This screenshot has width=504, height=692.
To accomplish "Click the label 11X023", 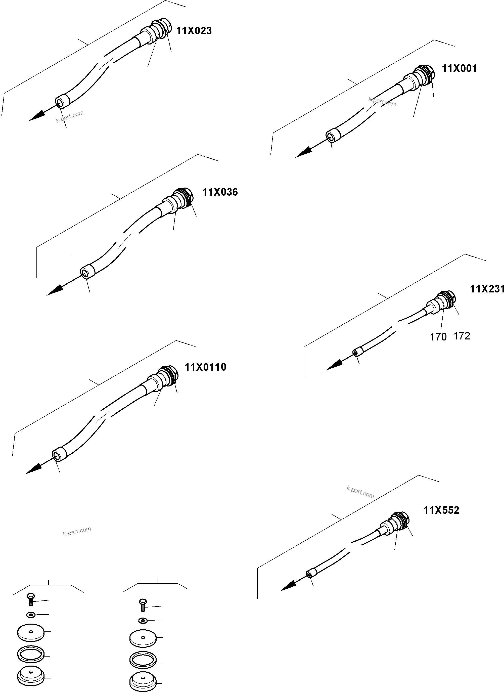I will click(x=194, y=31).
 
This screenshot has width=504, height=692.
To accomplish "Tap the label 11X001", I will click(x=459, y=69).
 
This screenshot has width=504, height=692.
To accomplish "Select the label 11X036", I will click(x=220, y=192).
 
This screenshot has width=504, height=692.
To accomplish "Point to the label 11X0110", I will click(x=205, y=367).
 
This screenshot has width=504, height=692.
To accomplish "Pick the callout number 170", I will click(x=438, y=337).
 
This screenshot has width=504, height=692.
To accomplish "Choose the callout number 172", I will click(x=462, y=336).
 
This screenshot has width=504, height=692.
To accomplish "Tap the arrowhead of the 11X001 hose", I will click(x=302, y=154).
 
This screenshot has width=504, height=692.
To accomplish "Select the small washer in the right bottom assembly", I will click(x=143, y=621).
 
